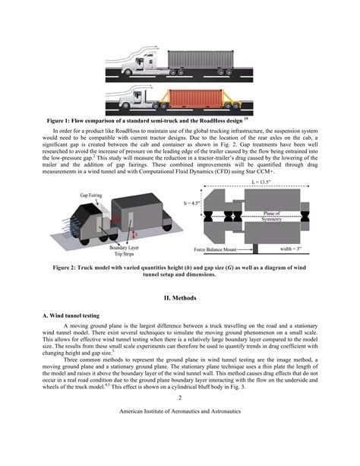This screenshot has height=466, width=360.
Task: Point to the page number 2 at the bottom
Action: click(180, 419)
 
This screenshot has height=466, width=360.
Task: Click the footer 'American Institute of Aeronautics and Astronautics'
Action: click(180, 431)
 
